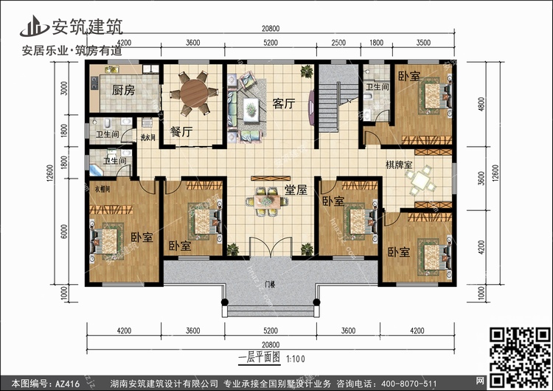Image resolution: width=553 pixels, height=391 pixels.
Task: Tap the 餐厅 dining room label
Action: point(181,133)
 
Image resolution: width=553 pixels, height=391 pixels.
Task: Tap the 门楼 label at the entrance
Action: point(271,282)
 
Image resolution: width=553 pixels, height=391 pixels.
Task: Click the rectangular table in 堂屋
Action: point(263,199)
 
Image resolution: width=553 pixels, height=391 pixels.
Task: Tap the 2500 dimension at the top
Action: point(338,43)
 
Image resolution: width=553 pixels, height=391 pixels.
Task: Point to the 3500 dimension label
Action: point(424,43)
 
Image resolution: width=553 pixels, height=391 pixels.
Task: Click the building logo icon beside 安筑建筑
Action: point(32,26)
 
